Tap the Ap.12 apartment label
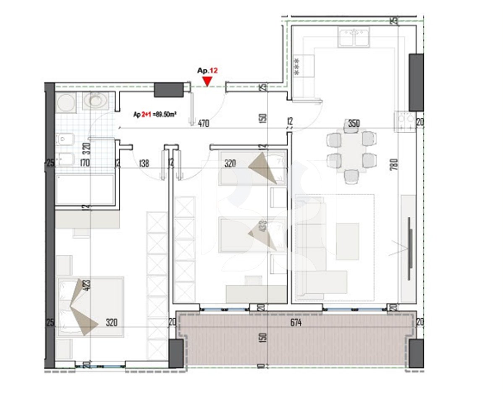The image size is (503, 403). (207, 71)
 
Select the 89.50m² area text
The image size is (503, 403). (165, 114)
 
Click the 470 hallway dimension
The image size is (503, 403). (204, 123)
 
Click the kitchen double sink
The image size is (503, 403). (354, 37)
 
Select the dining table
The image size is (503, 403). (351, 152)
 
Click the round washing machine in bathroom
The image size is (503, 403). (66, 102)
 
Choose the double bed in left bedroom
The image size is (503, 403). (90, 306)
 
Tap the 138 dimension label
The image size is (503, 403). (144, 164)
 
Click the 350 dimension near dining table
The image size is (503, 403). (354, 123)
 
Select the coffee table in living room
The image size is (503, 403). (347, 241)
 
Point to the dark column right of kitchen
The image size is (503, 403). (416, 82)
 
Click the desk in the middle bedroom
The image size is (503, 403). (256, 293)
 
